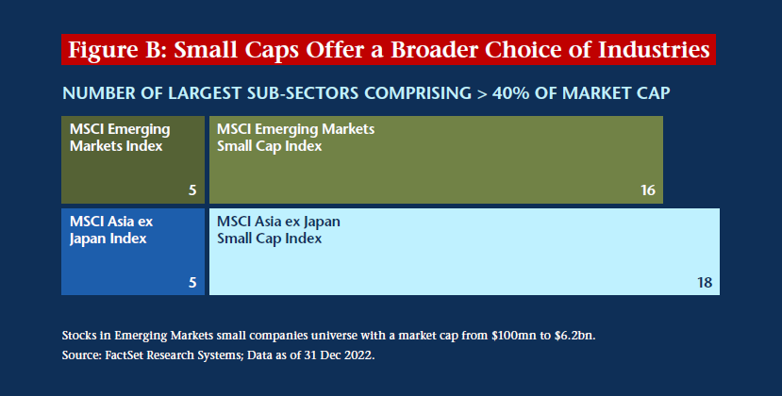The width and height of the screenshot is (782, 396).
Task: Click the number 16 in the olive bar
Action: pos(648,190)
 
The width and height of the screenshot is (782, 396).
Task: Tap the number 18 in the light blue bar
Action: pos(705,283)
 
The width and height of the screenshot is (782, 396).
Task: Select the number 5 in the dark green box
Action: pos(192,190)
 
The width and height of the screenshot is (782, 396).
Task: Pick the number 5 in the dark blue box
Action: pos(192,283)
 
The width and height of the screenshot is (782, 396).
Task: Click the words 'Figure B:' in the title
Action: pos(117,50)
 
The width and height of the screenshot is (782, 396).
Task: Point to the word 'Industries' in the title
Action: pos(654,49)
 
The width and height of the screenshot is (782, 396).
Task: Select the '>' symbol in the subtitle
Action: pos(482,93)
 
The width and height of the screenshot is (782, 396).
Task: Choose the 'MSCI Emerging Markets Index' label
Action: pos(120,138)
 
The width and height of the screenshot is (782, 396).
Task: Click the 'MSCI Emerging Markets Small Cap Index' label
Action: pos(295,138)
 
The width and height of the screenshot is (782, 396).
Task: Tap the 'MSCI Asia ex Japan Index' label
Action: pos(110,230)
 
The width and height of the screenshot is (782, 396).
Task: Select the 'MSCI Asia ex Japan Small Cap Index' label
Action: pos(278,230)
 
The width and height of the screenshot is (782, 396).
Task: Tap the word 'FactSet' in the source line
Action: pos(124,355)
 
